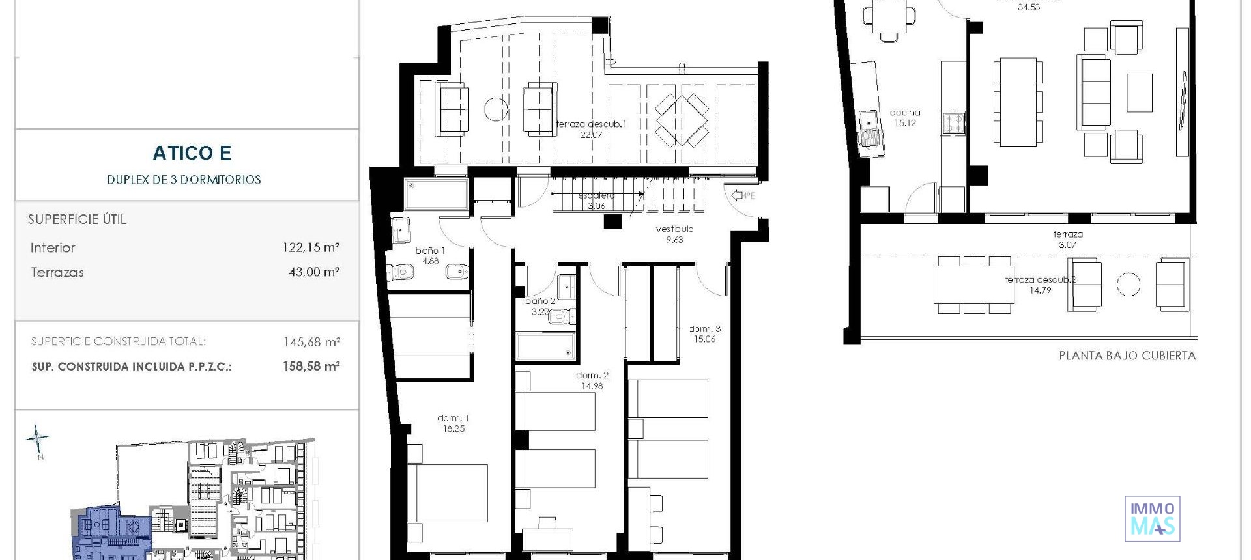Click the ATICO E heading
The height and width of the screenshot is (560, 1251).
click(x=192, y=153)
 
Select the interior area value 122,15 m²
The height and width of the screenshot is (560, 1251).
click(x=311, y=247)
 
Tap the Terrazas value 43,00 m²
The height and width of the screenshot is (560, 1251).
click(x=314, y=272)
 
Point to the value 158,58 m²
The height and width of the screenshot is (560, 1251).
click(x=311, y=367)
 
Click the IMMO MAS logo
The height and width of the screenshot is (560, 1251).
click(x=1152, y=519)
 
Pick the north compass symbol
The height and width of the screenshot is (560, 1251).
click(x=38, y=441)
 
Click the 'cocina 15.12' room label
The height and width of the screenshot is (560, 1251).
click(x=904, y=118)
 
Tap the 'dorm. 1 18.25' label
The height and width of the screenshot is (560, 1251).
click(x=453, y=423)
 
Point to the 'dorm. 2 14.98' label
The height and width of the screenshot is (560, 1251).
click(x=592, y=380)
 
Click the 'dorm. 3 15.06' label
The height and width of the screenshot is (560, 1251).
click(x=704, y=334)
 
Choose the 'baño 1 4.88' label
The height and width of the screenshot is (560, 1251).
click(x=430, y=256)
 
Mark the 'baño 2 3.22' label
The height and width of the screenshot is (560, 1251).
click(x=540, y=307)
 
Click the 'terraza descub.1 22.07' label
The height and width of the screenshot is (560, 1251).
click(x=591, y=130)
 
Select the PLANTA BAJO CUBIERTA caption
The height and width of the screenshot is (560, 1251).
click(x=1127, y=356)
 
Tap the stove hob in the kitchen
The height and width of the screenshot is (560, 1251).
click(x=953, y=122)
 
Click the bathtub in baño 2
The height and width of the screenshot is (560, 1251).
click(x=545, y=346)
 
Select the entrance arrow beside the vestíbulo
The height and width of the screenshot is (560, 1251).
click(x=738, y=195)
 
